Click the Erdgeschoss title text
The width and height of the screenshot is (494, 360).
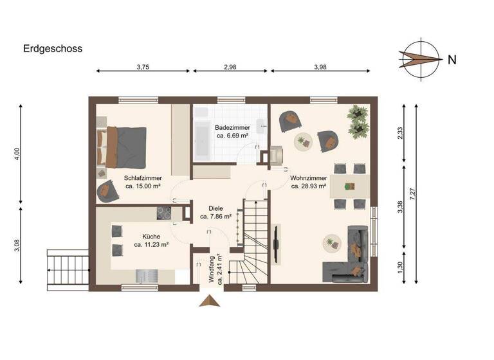point(53,48)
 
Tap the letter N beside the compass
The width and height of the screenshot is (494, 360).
point(452,60)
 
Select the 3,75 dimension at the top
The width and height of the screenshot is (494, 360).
point(143,66)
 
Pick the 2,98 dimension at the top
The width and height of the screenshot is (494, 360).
point(230,66)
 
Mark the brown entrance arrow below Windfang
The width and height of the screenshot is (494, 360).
point(210,301)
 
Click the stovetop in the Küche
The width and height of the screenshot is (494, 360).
point(164,213)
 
